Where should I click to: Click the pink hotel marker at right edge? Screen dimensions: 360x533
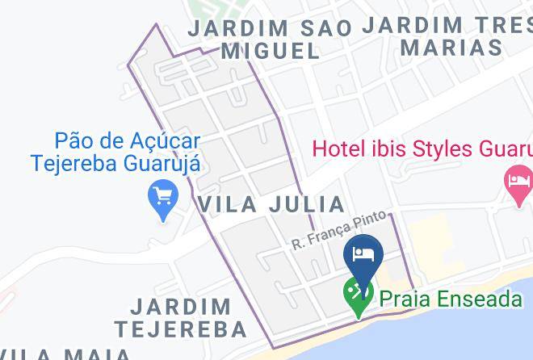[518, 179]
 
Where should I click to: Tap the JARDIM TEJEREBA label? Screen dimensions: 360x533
[180, 318]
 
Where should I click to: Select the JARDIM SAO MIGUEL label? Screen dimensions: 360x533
[270, 39]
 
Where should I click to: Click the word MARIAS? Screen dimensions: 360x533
[451, 47]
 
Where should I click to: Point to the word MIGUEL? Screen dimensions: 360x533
[271, 51]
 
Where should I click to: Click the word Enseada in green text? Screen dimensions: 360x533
[481, 299]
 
